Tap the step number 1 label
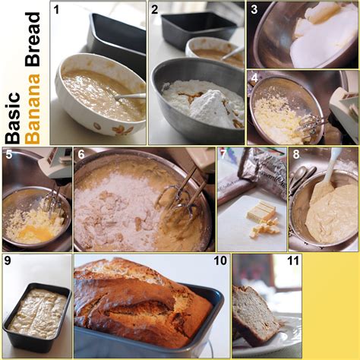pyautogui.click(x=55, y=10)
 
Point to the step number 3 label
pyautogui.click(x=254, y=10)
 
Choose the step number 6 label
pyautogui.click(x=81, y=155)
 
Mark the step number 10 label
pyautogui.click(x=220, y=261)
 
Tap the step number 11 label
pyautogui.click(x=292, y=261)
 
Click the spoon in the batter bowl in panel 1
pyautogui.click(x=129, y=97)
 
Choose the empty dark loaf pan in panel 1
pyautogui.click(x=118, y=38)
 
